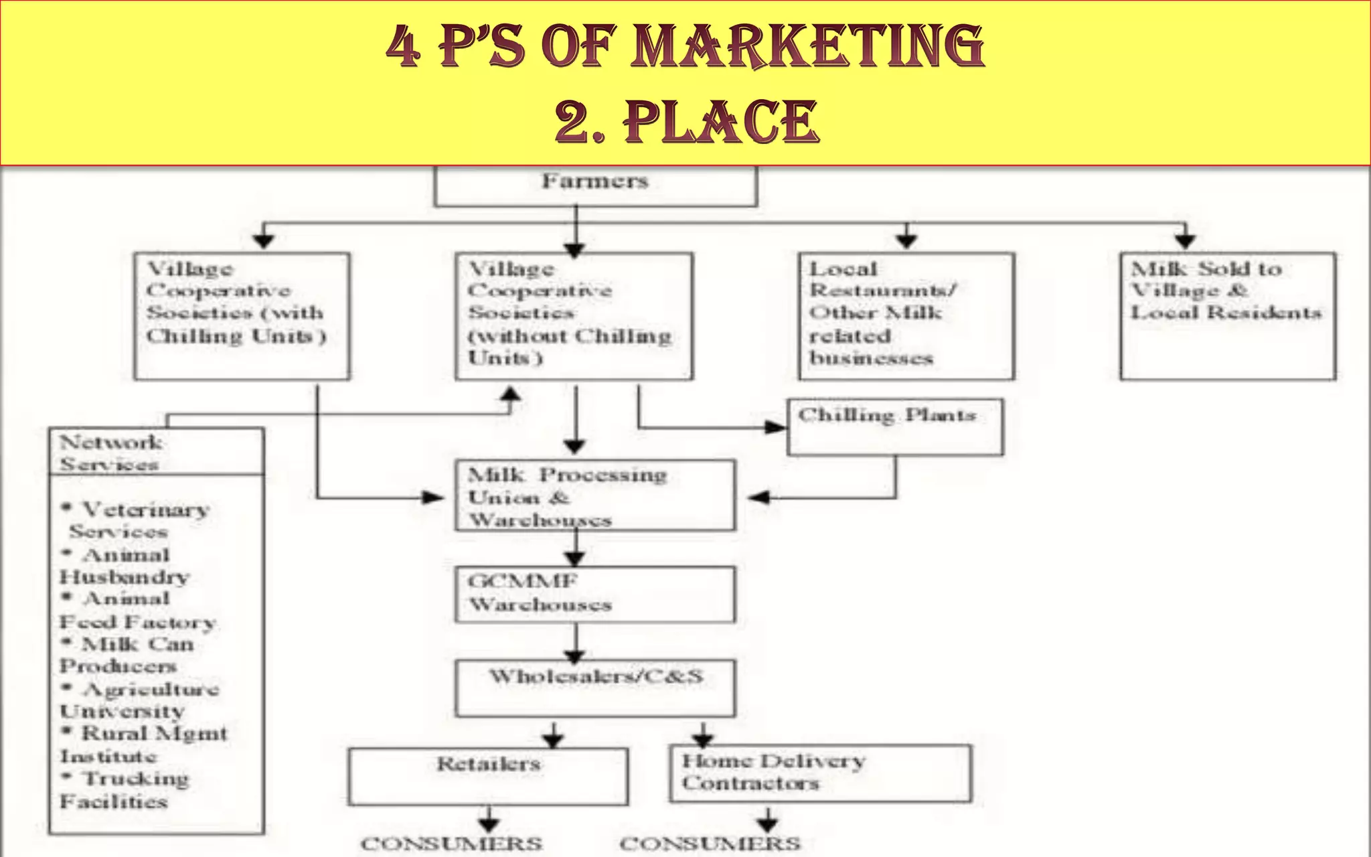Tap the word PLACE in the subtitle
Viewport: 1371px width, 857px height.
(720, 122)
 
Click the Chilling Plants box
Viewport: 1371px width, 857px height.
(895, 427)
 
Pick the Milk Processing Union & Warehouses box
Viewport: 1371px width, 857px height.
(594, 495)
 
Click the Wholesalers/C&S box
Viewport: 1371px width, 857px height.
(594, 688)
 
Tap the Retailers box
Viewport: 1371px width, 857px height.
(488, 776)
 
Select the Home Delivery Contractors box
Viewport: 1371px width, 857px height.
(820, 774)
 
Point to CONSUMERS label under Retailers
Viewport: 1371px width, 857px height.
(452, 844)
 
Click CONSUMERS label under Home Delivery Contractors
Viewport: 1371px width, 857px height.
(710, 844)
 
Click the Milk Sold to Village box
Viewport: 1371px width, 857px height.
(1227, 316)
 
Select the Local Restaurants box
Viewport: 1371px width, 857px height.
(906, 316)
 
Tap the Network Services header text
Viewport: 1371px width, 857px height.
(110, 453)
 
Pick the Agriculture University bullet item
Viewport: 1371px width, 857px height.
(139, 700)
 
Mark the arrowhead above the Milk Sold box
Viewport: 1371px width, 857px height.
(1186, 240)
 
